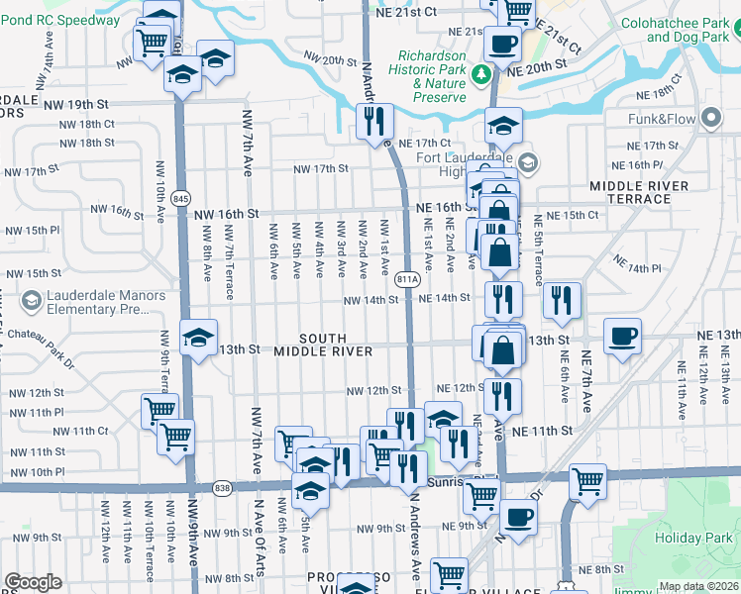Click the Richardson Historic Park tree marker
coord(480,73)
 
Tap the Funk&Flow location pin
coord(710,120)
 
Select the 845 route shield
coord(181,198)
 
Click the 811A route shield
coord(405,280)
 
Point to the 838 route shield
coord(222,486)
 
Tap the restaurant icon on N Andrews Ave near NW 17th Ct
coord(374,123)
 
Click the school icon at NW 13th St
coord(198,338)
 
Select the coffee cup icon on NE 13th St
coord(622,337)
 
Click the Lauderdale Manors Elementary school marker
coord(31,300)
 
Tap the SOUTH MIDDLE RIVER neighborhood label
coord(323,345)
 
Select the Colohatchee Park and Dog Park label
coord(681,30)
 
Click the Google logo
coord(32,581)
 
